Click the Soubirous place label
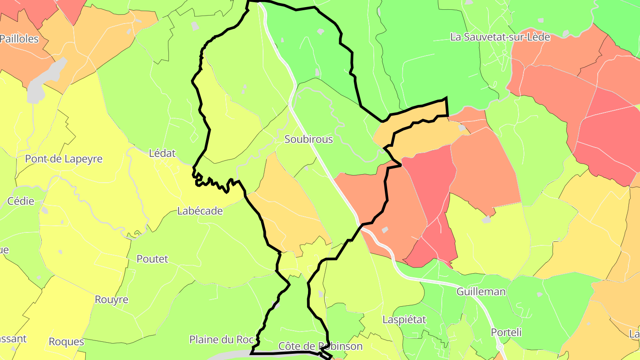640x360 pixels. pyautogui.click(x=308, y=140)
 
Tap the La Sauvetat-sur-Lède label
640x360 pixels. pyautogui.click(x=500, y=37)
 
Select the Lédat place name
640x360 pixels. pyautogui.click(x=162, y=154)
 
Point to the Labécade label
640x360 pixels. pyautogui.click(x=200, y=211)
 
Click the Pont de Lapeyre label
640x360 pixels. pyautogui.click(x=64, y=159)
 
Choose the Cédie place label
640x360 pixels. pyautogui.click(x=21, y=201)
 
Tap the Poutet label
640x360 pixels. pyautogui.click(x=152, y=259)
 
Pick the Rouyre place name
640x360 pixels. pyautogui.click(x=112, y=300)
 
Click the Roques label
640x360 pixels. pyautogui.click(x=66, y=342)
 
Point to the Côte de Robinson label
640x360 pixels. pyautogui.click(x=320, y=346)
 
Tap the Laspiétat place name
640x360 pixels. pyautogui.click(x=404, y=320)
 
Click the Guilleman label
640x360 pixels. pyautogui.click(x=481, y=292)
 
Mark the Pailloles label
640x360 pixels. pyautogui.click(x=20, y=39)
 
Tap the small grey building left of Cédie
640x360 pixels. pyautogui.click(x=44, y=210)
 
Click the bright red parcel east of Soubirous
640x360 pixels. pyautogui.click(x=429, y=182)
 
